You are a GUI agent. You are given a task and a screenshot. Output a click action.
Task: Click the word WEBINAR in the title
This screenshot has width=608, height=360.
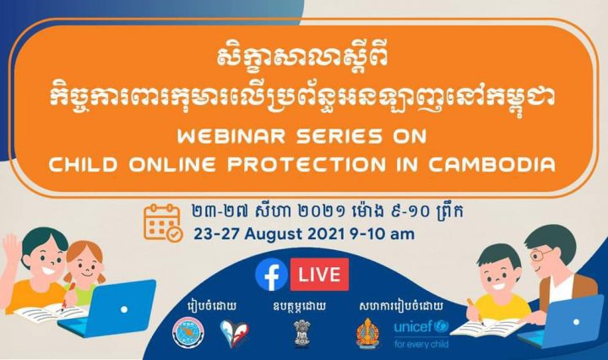[231, 137]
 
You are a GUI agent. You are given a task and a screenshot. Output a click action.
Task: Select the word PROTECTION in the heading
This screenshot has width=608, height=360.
[307, 164]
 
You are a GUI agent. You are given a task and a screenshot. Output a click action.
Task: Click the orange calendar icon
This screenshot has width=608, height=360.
[163, 223]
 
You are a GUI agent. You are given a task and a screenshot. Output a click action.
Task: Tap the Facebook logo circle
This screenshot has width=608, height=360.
[271, 275]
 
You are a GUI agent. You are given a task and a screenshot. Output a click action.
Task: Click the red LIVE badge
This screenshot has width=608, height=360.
[319, 275]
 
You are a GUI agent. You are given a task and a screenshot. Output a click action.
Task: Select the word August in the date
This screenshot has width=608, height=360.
[274, 234]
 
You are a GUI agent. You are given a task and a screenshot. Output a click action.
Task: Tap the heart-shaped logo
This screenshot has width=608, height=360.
[235, 333]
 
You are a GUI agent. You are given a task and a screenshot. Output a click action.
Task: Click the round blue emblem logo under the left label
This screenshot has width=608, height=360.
[188, 333]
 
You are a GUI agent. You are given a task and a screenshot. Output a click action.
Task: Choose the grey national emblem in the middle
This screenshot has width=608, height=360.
[301, 333]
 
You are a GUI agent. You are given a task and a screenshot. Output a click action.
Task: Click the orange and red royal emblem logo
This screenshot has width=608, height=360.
[367, 333]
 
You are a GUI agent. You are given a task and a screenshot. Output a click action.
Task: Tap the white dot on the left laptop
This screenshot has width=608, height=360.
[124, 309]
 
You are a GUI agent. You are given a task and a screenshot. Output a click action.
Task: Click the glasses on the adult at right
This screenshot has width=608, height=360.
[540, 254]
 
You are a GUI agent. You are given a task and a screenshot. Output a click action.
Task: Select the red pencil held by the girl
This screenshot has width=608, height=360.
[68, 296]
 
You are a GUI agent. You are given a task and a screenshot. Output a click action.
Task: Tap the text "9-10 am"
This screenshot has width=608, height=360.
[382, 234]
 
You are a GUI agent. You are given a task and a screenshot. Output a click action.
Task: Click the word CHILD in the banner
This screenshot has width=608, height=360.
[84, 164]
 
